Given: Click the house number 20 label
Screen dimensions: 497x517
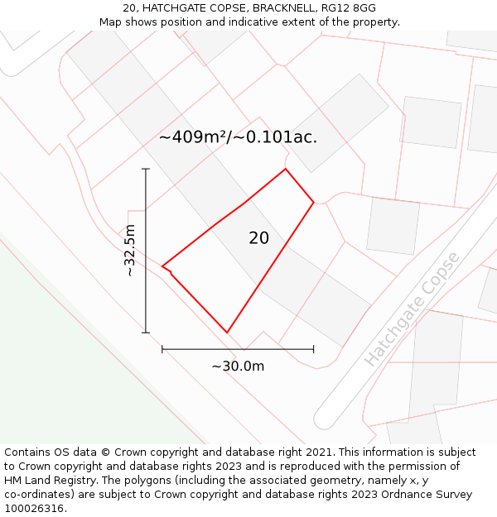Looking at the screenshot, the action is coord(258,238).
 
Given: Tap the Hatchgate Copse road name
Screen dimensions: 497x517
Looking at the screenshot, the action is coord(412,309).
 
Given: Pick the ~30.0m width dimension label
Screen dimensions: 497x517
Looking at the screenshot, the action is coord(238,366).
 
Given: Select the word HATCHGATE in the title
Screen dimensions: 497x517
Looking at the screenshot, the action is coord(173,8).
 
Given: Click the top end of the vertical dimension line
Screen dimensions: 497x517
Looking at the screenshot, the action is coord(146,169).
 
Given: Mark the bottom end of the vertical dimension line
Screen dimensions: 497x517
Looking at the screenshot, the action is coord(146,333).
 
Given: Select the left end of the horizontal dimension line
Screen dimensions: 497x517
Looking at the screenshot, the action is coord(162,349).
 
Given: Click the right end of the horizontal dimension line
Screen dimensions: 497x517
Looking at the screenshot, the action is coord(313,349).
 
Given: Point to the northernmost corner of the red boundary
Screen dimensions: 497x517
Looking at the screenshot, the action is coord(286,169).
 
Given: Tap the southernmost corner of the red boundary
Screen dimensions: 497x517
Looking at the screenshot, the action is coord(227,333).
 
